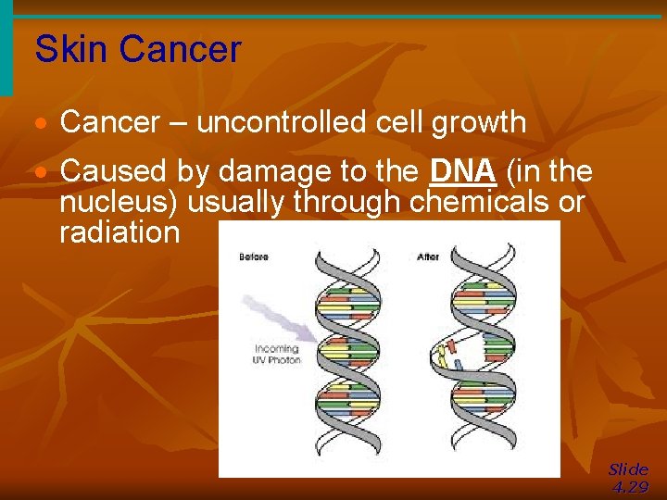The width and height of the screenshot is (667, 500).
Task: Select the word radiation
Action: pyautogui.click(x=120, y=231)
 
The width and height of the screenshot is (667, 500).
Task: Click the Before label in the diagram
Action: pyautogui.click(x=253, y=256)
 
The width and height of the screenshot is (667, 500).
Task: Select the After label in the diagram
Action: pyautogui.click(x=428, y=256)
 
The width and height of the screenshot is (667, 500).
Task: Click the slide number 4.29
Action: pyautogui.click(x=630, y=488)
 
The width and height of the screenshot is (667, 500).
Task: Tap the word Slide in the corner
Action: pyautogui.click(x=628, y=469)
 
